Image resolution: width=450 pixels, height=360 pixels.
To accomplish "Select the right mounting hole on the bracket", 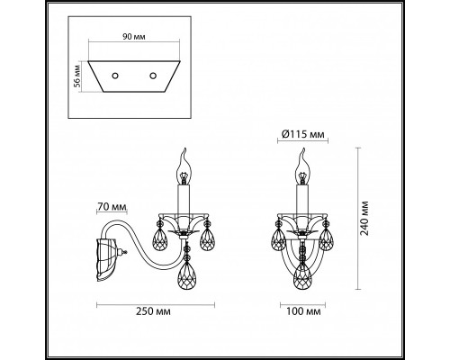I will pos(154,75).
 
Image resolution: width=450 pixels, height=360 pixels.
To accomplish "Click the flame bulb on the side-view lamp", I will pos(186,164).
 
